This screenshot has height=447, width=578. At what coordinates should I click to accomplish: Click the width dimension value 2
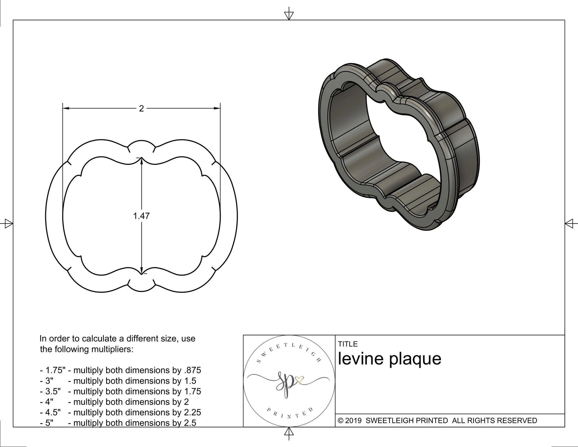pyautogui.click(x=141, y=108)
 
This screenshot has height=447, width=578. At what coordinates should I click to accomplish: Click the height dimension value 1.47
pyautogui.click(x=141, y=216)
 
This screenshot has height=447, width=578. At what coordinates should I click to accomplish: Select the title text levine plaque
pyautogui.click(x=389, y=358)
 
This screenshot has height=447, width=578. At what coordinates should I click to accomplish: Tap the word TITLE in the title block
pyautogui.click(x=348, y=344)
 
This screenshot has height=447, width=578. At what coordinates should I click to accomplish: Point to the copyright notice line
pyautogui.click(x=437, y=420)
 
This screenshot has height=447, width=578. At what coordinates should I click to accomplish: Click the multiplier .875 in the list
pyautogui.click(x=192, y=370)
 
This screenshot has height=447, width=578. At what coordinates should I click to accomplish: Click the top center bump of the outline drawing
pyautogui.click(x=142, y=144)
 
